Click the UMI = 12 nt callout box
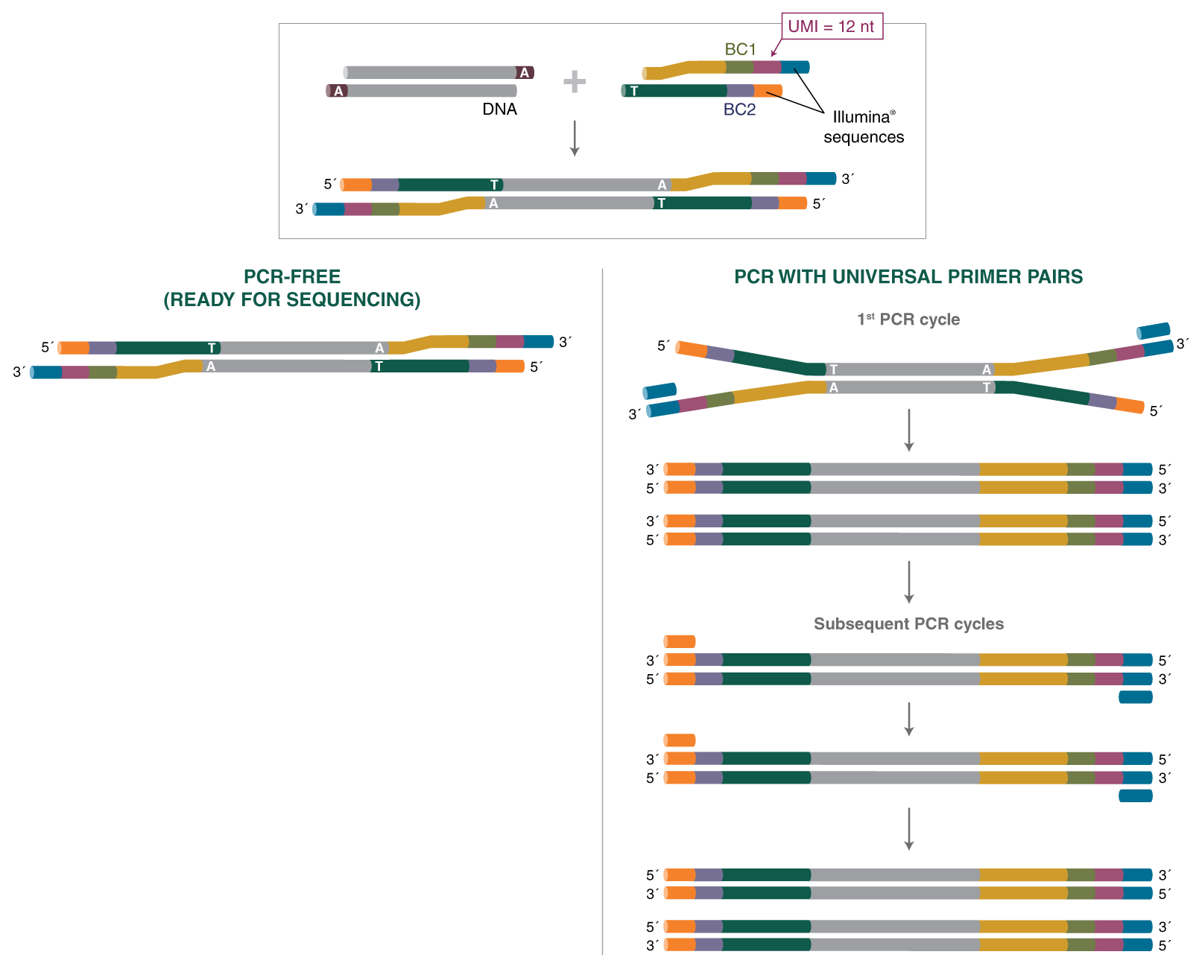point(831,26)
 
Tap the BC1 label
point(740,49)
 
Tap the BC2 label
point(739,109)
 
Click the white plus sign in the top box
point(574,81)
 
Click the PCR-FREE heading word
point(292,277)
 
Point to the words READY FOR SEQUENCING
point(292,299)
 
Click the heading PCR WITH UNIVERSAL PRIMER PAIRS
point(908,277)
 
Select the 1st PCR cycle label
point(908,320)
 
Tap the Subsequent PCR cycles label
point(908,624)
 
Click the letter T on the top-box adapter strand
point(634,91)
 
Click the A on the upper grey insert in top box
point(525,72)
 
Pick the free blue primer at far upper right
point(1154,331)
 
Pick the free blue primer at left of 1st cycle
point(659,391)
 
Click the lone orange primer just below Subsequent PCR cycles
point(680,641)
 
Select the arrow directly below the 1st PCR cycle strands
point(909,430)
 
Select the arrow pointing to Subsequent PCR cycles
point(909,582)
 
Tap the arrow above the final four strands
point(909,829)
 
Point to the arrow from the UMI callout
point(775,48)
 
